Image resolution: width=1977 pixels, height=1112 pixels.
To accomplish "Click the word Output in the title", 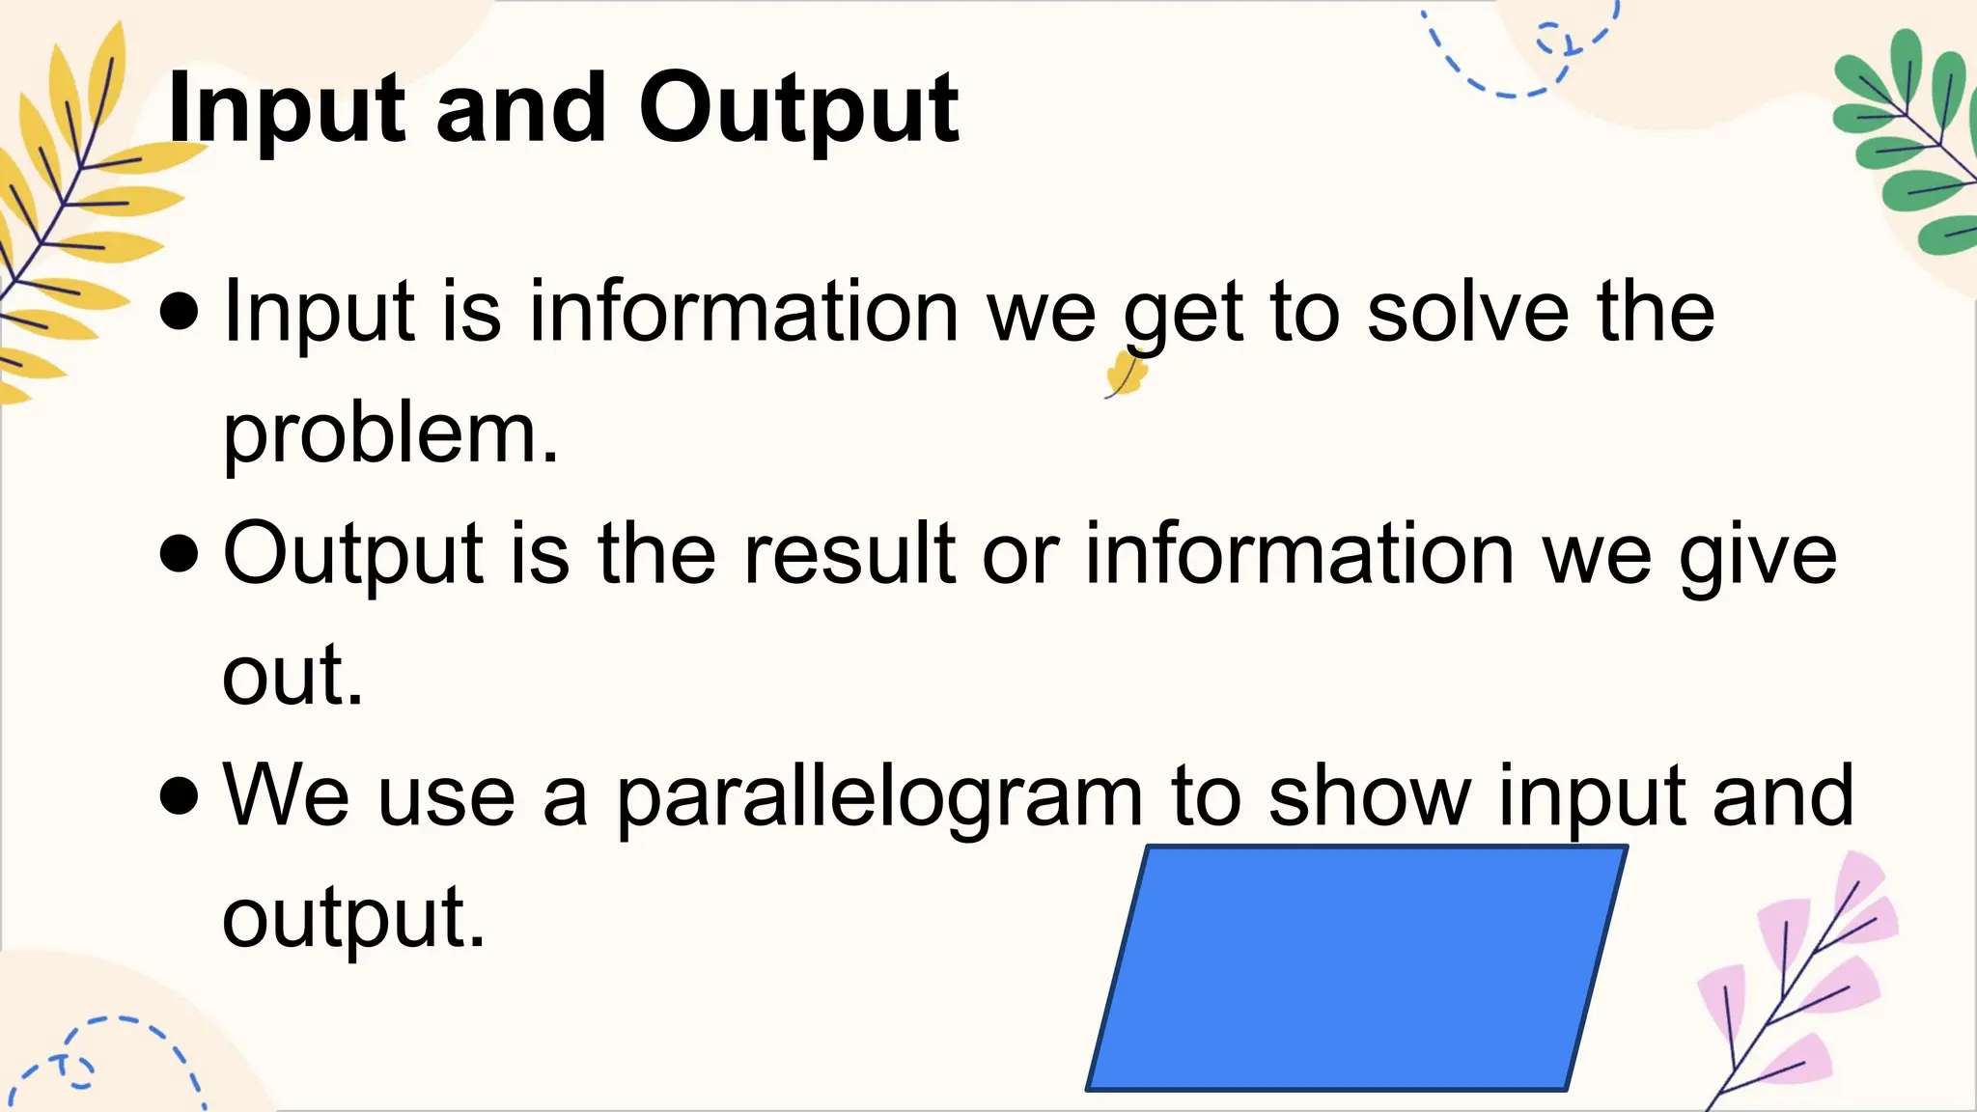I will pos(798,110).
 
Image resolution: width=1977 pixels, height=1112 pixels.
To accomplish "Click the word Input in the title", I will pos(287,110).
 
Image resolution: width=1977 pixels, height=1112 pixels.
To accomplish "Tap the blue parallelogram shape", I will pos(1356,968).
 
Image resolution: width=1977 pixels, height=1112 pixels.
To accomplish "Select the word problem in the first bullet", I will pos(390,433).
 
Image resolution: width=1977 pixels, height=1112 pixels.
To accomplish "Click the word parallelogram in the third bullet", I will pos(879,798).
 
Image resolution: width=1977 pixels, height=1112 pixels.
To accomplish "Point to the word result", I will pos(850,554).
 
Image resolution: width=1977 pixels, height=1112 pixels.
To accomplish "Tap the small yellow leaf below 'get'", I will pos(1126,374).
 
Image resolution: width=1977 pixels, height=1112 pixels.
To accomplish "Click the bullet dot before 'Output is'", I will pos(181,555).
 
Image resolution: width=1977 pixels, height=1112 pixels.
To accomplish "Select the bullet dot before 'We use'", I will pos(181,797).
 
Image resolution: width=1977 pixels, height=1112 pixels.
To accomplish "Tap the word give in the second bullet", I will pos(1758,556).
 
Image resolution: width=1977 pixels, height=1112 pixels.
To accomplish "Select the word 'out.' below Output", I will pos(292,675).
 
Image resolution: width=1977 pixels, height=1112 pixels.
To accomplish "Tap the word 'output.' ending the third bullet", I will pos(353,919).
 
